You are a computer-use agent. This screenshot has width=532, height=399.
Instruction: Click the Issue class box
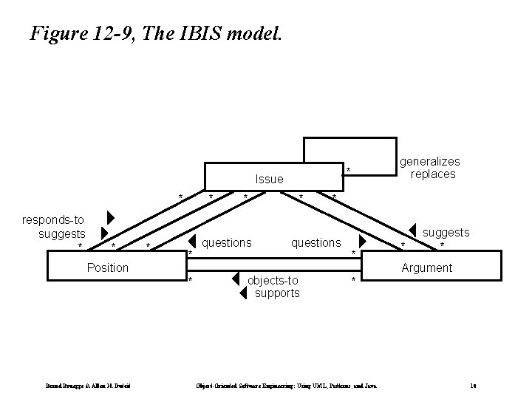click(x=269, y=178)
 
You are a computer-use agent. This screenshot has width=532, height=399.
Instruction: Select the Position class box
click(x=108, y=267)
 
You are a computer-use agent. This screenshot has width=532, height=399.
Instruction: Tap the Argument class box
click(x=426, y=267)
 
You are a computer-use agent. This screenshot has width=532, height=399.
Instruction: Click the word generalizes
click(x=429, y=161)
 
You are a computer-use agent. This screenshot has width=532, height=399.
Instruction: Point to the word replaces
click(x=433, y=174)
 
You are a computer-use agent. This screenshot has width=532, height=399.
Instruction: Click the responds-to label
click(x=53, y=219)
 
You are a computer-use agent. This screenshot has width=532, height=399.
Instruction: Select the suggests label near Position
click(x=61, y=233)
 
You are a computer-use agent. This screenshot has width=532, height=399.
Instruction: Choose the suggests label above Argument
click(x=446, y=232)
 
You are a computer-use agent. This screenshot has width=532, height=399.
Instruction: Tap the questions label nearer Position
click(x=226, y=242)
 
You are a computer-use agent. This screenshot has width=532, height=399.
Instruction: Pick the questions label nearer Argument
click(x=316, y=242)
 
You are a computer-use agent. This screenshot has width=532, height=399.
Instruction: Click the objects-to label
click(x=273, y=280)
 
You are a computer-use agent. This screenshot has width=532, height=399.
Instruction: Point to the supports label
click(x=277, y=293)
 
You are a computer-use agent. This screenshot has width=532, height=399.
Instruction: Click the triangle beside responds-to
click(x=110, y=219)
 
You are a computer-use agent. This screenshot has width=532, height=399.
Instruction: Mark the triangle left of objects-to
click(x=234, y=279)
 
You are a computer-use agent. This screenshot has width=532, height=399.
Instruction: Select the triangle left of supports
click(x=242, y=293)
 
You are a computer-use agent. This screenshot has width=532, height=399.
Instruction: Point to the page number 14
click(x=472, y=386)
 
